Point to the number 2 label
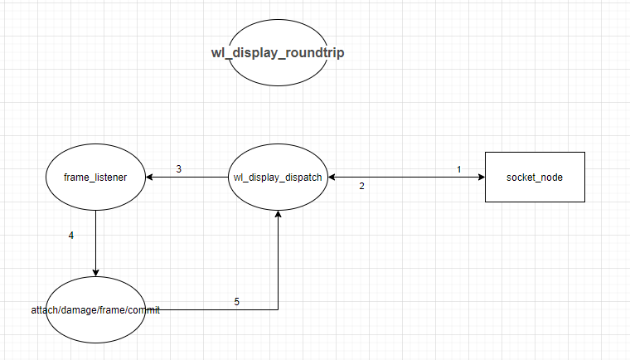361,186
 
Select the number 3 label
178,168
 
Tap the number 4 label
71,236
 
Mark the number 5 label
236,301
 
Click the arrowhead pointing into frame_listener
150,177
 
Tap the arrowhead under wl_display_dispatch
278,214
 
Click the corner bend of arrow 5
278,309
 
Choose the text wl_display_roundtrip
278,52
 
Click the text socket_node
535,177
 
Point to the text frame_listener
95,177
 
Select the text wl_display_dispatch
278,177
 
